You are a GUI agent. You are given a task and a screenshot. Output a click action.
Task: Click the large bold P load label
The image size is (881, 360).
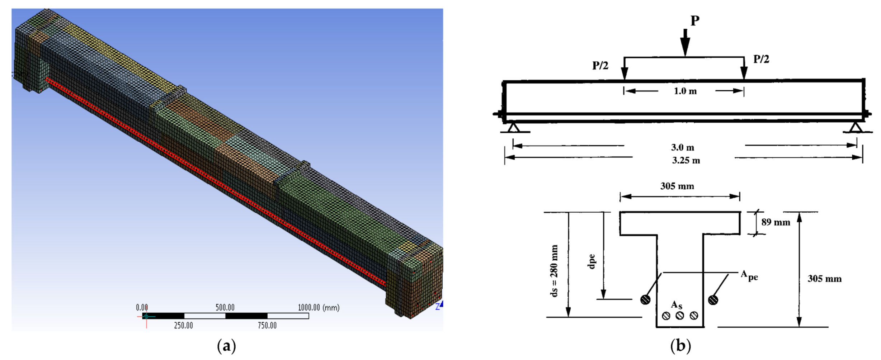click(694, 21)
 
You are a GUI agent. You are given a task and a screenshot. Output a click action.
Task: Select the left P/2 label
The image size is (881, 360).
click(600, 66)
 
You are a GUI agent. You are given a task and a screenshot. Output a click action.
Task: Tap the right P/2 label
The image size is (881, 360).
click(761, 59)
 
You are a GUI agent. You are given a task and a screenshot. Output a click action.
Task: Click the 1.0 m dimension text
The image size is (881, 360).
click(685, 91)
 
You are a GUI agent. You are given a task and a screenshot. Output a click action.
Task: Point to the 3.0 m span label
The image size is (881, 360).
click(682, 147)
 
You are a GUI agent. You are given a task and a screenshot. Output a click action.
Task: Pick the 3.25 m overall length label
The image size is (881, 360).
click(686, 160)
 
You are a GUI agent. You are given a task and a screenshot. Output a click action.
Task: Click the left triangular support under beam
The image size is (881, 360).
click(513, 127)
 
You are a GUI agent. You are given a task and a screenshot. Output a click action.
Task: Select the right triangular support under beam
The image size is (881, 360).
click(856, 127)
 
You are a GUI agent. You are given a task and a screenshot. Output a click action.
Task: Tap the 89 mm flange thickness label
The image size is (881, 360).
click(776, 222)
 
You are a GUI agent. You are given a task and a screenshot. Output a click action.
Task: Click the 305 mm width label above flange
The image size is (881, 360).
click(677, 186)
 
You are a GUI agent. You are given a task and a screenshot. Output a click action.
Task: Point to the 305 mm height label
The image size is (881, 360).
click(824, 279)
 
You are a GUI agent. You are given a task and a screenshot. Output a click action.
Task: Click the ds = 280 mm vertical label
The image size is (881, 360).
click(555, 271)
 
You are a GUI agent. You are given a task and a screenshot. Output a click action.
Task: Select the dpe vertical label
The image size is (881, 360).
click(592, 261)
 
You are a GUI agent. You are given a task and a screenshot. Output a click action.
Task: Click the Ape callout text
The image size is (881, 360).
click(749, 276)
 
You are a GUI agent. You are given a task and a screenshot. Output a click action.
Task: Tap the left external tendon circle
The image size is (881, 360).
click(645, 299)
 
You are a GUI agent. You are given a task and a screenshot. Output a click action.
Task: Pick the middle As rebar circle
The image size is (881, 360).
click(680, 316)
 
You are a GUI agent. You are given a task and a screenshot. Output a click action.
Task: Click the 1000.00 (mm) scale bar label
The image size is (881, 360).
click(319, 308)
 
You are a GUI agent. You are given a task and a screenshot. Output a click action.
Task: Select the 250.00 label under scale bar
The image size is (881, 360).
click(183, 326)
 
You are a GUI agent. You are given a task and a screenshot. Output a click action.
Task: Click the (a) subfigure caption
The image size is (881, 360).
click(227, 346)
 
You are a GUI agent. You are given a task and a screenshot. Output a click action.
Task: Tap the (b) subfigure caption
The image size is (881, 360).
click(680, 346)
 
